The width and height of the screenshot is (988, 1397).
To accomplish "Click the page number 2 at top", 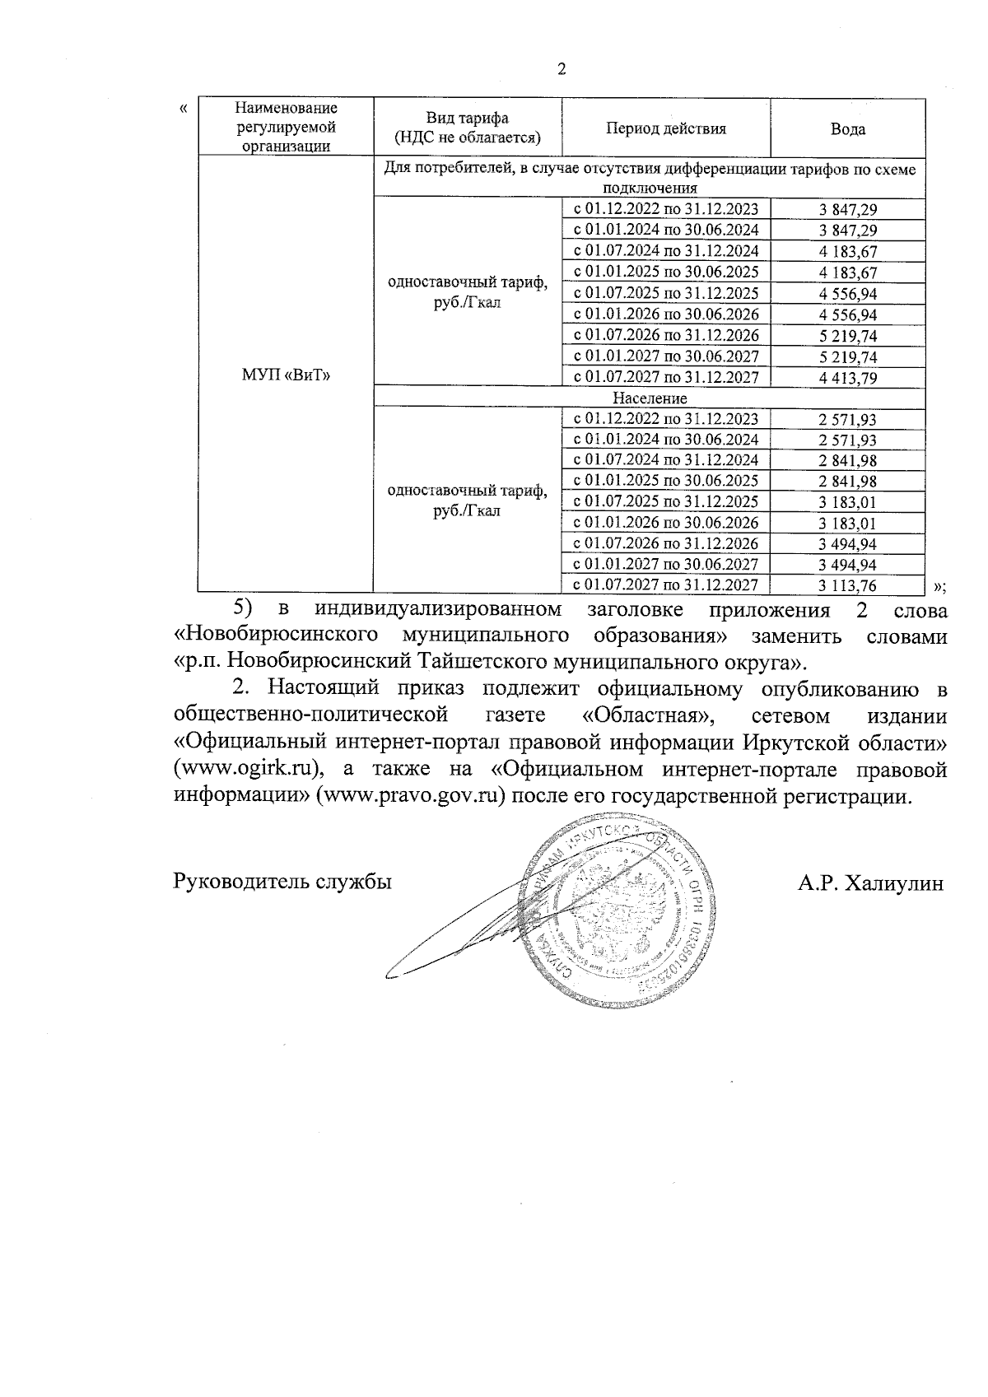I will pos(562,69).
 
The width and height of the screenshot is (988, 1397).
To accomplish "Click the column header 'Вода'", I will pos(847,129).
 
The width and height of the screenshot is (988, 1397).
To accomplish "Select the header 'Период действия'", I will pos(666,128).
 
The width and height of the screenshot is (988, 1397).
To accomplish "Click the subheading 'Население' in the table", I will pos(650,398).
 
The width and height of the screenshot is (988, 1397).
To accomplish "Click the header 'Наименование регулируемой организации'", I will pos(286,128).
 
